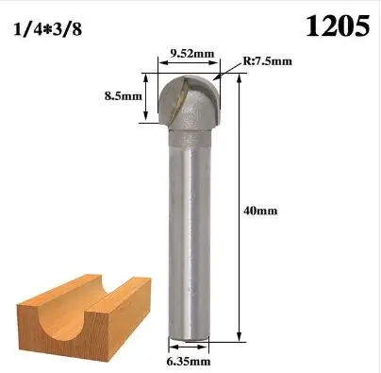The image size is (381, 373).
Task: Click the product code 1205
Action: [x=338, y=26]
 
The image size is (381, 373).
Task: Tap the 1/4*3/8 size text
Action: [x=48, y=30]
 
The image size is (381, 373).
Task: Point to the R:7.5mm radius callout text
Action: [x=267, y=60]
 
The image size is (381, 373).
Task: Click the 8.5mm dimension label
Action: [x=124, y=95]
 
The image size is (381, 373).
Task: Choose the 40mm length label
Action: [x=260, y=211]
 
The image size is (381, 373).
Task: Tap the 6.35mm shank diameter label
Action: [x=189, y=362]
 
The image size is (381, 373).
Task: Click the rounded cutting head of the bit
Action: [x=189, y=102]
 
